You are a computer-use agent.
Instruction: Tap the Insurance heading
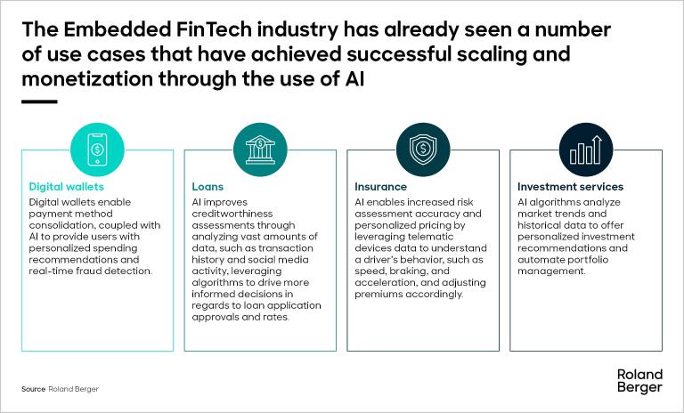click(x=380, y=187)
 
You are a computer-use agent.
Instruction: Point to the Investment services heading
click(x=570, y=187)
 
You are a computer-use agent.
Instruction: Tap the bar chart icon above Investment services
click(x=584, y=149)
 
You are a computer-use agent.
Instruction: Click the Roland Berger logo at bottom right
click(x=639, y=380)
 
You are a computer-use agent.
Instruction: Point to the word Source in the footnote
click(x=33, y=390)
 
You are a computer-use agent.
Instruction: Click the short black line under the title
click(x=39, y=101)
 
